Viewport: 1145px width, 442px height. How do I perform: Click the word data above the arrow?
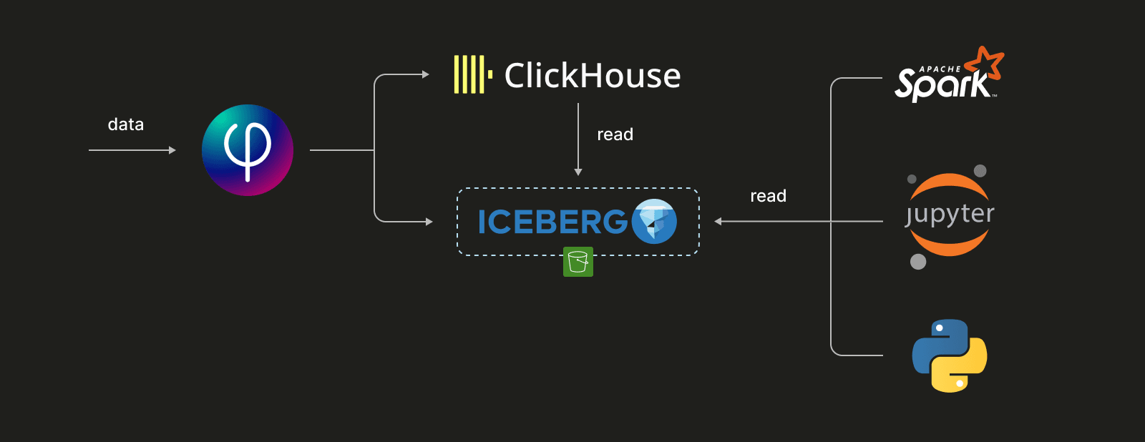126,124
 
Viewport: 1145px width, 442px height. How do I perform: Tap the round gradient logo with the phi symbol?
248,150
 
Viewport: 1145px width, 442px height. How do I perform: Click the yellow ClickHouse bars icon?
472,75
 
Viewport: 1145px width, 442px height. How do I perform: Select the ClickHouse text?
593,76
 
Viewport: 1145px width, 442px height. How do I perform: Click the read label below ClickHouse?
615,134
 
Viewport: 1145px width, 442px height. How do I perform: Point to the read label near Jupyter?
768,196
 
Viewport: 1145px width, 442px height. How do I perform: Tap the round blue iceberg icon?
654,221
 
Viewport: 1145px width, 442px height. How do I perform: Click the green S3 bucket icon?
578,262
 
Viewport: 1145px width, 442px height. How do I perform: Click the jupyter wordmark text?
950,214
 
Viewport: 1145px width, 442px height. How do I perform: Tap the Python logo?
950,355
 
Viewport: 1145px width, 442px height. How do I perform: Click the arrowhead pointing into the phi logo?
172,150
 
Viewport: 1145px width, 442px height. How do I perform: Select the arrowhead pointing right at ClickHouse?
426,74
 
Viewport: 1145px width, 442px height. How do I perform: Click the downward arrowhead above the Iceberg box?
578,172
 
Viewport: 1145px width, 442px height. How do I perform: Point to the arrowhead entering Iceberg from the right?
718,222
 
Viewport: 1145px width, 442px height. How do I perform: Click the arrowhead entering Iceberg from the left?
429,222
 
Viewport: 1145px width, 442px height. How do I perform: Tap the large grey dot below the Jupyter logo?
918,262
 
